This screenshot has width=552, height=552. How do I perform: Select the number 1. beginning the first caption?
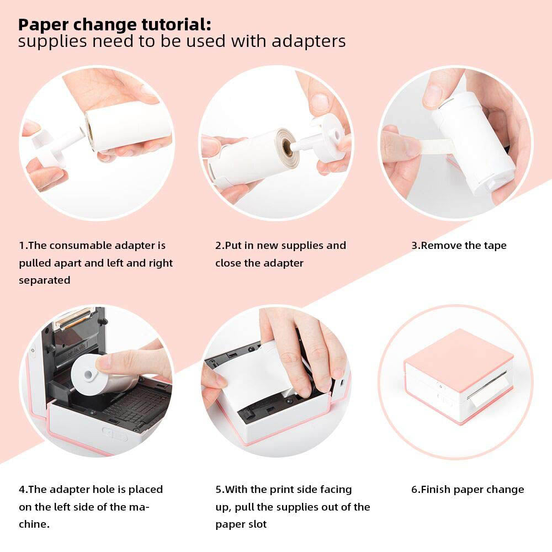tap(23, 246)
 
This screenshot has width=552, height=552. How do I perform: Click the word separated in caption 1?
tap(45, 280)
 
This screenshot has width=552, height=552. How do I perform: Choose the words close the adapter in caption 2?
tap(259, 263)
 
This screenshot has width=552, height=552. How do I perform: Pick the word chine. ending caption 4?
tap(34, 524)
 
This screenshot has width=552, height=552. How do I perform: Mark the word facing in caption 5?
tap(333, 490)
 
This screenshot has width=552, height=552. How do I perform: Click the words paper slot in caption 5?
tap(241, 524)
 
